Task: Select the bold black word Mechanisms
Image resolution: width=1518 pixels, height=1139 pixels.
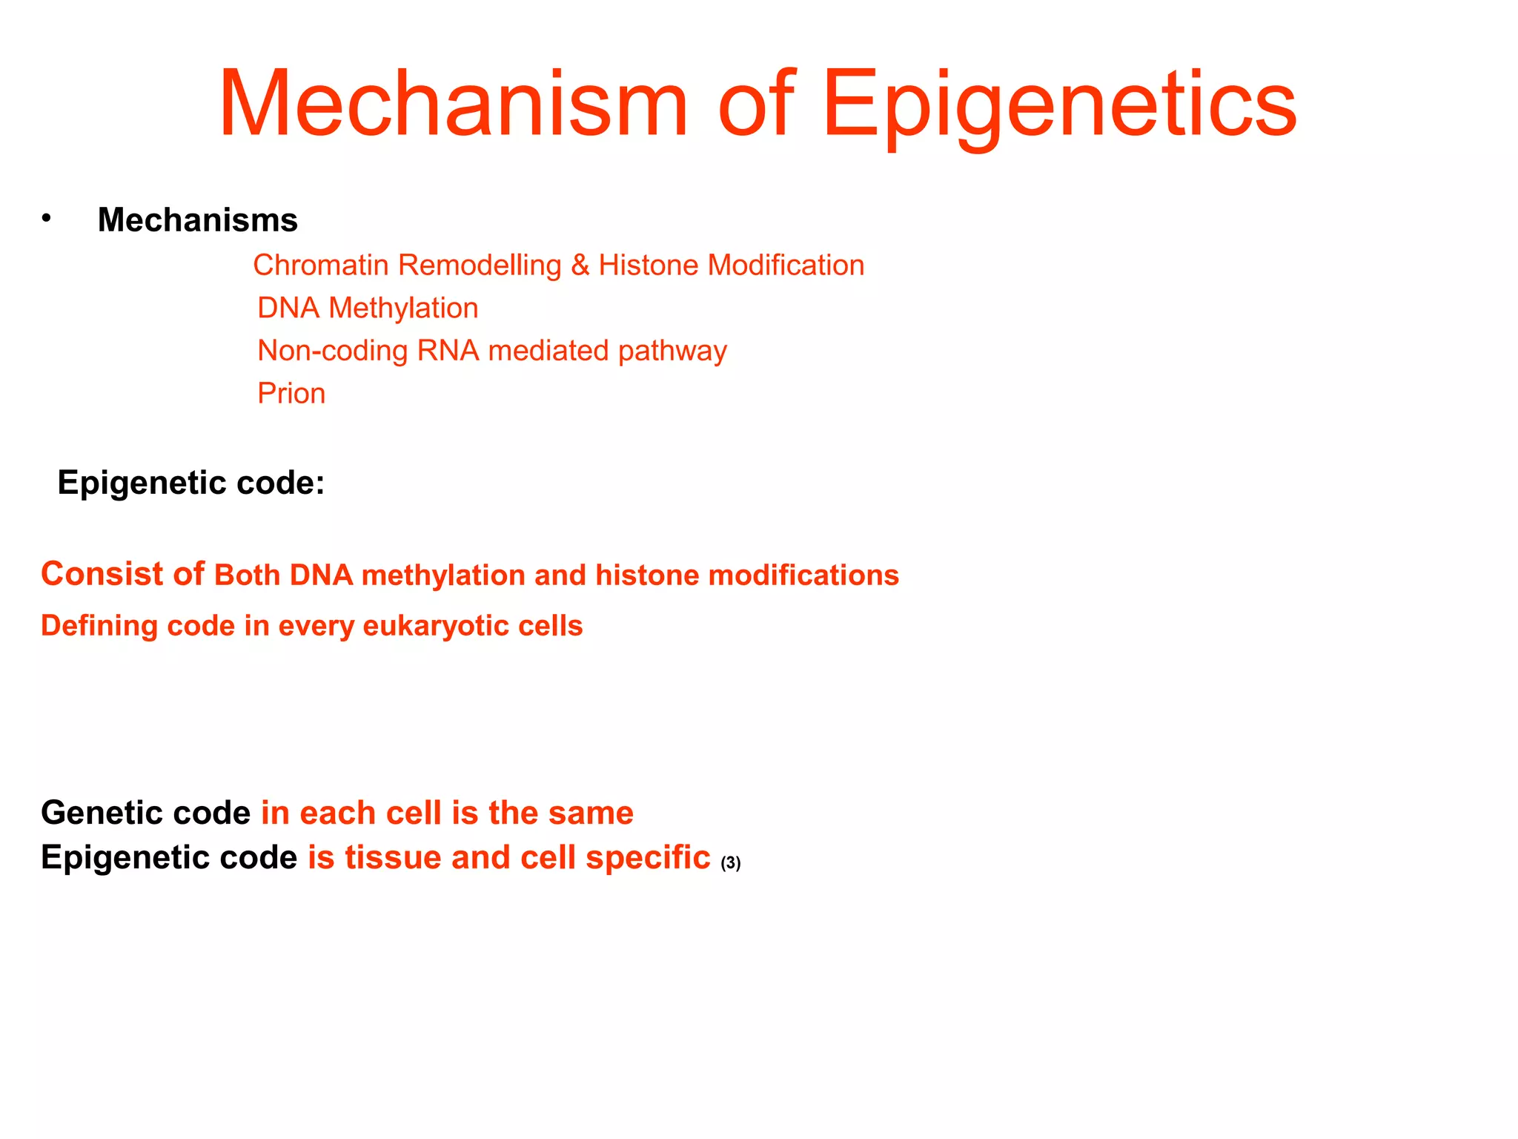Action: click(197, 220)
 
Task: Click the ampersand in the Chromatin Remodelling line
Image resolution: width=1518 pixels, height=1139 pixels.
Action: click(580, 265)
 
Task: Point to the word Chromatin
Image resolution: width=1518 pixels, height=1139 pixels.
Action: click(320, 265)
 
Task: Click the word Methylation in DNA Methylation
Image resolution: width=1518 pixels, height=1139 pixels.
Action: click(403, 308)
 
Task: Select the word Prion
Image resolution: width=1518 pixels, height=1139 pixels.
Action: click(291, 394)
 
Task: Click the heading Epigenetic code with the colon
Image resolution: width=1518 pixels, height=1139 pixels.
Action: click(191, 483)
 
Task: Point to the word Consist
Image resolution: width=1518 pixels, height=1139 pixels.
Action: click(102, 574)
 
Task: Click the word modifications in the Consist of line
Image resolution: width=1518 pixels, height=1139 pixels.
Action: click(803, 575)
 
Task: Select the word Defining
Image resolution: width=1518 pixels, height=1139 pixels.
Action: click(99, 627)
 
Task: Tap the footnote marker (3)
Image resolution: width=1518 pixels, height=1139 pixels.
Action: click(730, 863)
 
